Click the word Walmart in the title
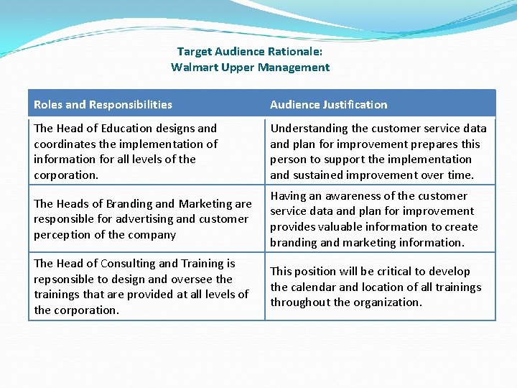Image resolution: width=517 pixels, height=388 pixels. point(192,68)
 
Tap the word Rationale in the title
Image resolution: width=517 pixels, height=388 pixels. point(295,52)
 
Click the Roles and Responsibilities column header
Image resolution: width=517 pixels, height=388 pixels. point(103,105)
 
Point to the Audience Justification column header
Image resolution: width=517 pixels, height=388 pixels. point(328,105)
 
